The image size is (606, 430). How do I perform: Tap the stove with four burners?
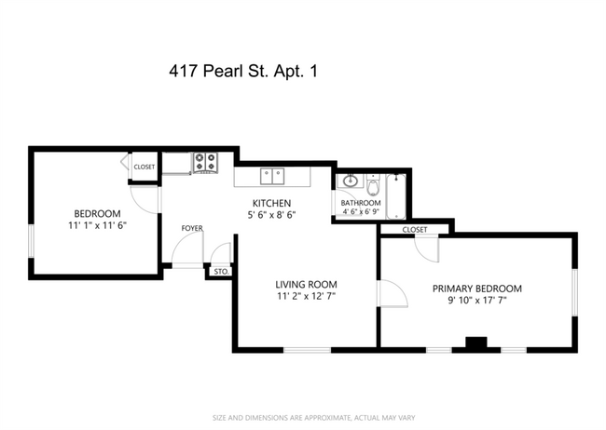click(x=205, y=164)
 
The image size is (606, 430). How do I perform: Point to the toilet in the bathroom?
click(x=373, y=185)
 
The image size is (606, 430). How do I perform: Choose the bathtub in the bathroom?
click(x=396, y=195)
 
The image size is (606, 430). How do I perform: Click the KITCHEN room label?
click(x=272, y=203)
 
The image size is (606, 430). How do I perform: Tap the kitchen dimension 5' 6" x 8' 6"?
click(x=272, y=215)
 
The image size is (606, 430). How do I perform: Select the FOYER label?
click(x=192, y=227)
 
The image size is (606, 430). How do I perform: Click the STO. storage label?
click(x=220, y=272)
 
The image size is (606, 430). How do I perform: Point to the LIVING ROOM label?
click(x=306, y=285)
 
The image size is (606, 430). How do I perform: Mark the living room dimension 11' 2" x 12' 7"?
click(x=306, y=297)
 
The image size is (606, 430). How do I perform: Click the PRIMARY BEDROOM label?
click(x=477, y=289)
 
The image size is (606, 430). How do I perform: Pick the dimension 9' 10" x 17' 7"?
click(x=477, y=301)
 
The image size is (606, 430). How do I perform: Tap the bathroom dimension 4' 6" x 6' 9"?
click(x=358, y=211)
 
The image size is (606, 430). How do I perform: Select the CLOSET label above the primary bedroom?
click(x=415, y=229)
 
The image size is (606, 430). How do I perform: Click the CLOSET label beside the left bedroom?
click(x=144, y=167)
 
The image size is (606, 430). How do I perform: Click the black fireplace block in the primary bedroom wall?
click(x=476, y=343)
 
